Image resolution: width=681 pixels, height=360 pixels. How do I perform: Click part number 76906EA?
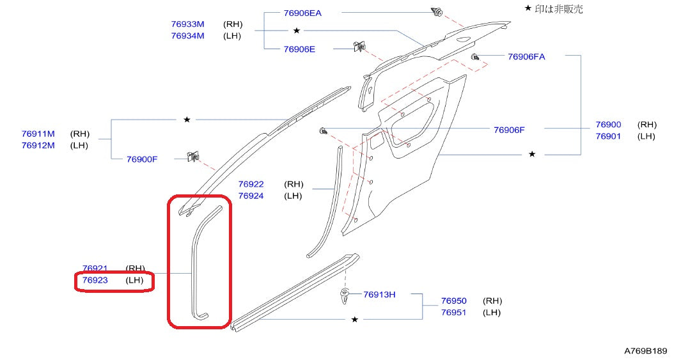click(302, 13)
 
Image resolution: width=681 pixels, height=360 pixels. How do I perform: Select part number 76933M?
click(187, 24)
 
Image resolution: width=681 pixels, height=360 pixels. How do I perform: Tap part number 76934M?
click(187, 36)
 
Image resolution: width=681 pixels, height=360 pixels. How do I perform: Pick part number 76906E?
click(299, 49)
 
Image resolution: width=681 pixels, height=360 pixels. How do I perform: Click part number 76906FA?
click(526, 56)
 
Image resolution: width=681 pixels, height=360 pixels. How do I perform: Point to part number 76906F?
click(509, 130)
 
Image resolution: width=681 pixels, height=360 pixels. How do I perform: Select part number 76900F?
click(142, 159)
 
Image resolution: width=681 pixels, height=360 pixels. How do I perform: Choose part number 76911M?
click(38, 134)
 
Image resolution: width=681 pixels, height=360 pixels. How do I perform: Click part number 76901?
click(608, 136)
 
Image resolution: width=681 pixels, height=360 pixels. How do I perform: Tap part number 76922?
click(251, 184)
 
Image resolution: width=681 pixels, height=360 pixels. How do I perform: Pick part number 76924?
click(251, 196)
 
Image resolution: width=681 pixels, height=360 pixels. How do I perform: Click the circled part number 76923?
click(95, 280)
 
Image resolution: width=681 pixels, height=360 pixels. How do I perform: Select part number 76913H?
click(379, 295)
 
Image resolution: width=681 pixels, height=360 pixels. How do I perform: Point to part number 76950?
click(453, 301)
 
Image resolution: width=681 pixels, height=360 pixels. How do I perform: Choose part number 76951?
click(453, 312)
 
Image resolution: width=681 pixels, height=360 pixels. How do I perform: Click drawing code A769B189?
click(645, 351)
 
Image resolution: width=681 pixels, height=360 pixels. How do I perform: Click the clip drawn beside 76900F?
click(191, 157)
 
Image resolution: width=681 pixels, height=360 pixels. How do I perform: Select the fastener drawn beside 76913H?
click(345, 296)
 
